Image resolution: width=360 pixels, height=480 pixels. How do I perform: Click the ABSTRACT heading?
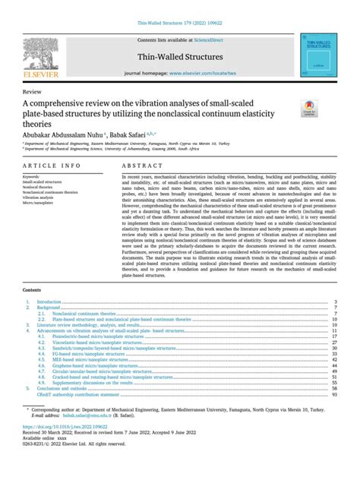pos(137,165)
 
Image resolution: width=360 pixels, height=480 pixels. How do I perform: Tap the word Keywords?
pos(33,177)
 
